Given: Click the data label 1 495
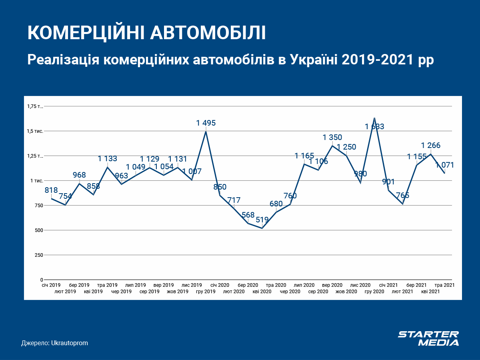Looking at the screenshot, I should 206,123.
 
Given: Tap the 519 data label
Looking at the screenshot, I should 262,220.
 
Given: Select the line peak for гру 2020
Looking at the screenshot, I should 374,118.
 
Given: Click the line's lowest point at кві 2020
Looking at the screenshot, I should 262,228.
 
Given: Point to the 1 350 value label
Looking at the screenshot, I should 332,138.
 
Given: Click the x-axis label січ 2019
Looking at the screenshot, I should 51,285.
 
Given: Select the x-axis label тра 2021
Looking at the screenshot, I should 444,285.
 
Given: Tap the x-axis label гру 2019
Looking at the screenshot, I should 206,292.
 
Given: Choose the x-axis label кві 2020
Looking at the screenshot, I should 262,292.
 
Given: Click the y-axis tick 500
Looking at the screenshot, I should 38,230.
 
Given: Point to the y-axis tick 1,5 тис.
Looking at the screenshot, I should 35,131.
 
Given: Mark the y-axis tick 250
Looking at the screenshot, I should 38,255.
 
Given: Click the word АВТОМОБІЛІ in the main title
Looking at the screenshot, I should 208,33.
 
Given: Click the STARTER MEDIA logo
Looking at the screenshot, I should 428,338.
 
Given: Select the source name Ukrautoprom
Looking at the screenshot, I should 70,343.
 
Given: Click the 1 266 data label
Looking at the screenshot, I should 430,146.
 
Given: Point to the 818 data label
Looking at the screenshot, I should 51,190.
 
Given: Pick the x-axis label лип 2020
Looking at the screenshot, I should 304,285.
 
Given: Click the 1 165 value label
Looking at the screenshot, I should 304,156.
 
